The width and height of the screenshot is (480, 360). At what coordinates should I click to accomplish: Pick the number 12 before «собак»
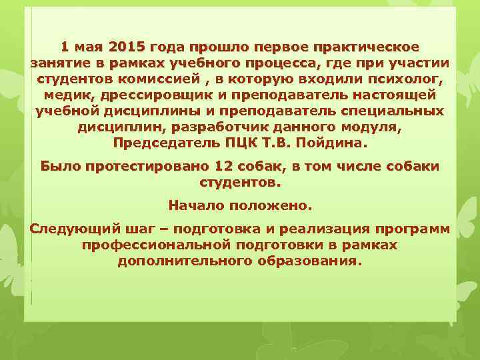click(x=225, y=166)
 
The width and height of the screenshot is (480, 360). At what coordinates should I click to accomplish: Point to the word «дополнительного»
click(x=183, y=261)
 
